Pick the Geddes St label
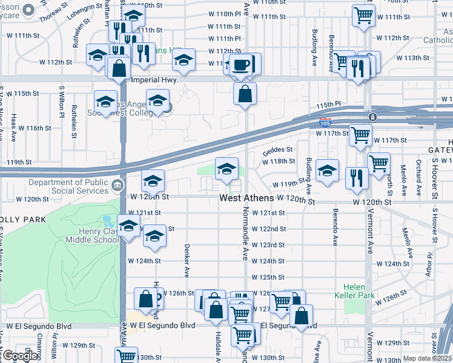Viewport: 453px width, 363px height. coord(277,149)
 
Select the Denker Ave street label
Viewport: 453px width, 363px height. coord(187,258)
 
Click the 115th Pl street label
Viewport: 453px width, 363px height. coord(327,106)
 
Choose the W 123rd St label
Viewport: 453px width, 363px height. coord(268,245)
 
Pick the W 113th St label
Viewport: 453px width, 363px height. coord(412,59)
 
